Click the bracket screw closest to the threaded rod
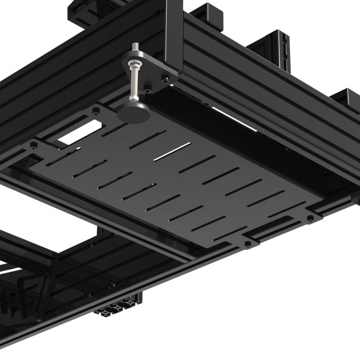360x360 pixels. click(x=148, y=86)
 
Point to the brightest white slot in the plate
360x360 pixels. click(x=172, y=151)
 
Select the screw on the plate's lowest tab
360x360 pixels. click(x=248, y=244)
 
